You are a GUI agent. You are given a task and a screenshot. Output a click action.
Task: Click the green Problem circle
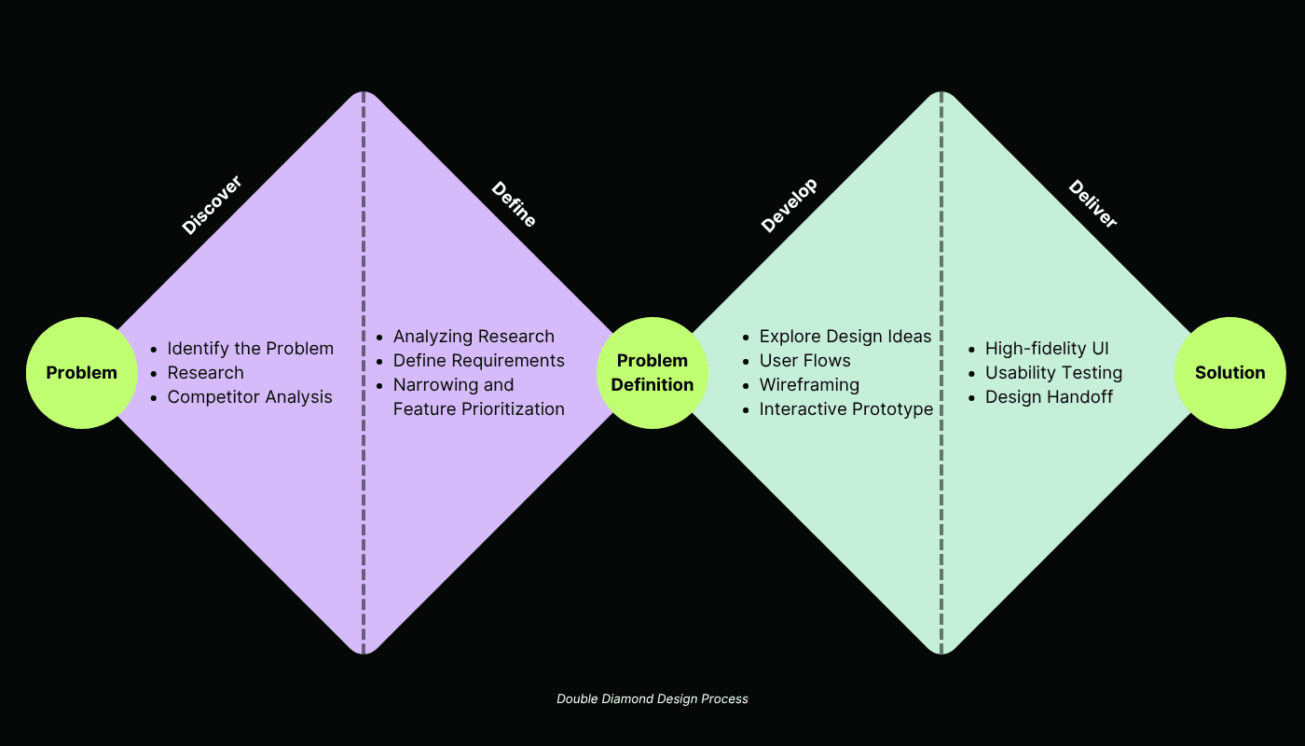(82, 373)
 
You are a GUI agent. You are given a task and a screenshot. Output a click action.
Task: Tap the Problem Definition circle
(652, 373)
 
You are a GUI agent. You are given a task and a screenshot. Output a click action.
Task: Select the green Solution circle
(1230, 373)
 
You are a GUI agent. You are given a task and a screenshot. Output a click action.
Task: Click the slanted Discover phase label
(212, 205)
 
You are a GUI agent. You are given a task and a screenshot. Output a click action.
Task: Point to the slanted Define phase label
(514, 204)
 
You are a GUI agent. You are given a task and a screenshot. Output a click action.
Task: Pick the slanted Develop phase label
(790, 205)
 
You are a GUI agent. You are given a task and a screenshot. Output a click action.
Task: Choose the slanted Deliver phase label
(1092, 204)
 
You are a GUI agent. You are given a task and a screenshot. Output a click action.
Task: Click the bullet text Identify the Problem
(250, 349)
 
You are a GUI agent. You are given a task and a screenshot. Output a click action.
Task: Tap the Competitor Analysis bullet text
(250, 397)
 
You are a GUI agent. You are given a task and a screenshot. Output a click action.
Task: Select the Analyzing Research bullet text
(474, 337)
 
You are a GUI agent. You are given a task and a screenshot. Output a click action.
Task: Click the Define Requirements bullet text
(479, 361)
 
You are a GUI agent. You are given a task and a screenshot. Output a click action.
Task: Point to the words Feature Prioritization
(479, 409)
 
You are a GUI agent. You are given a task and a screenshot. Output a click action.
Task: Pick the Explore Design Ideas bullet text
(845, 337)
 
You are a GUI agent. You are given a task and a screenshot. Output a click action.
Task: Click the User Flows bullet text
(805, 361)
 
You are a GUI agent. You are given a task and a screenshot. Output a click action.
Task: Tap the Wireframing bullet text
(809, 385)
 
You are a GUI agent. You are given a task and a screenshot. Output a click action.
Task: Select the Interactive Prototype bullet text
(846, 409)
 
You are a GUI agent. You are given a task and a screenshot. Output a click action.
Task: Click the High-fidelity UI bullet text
(1047, 349)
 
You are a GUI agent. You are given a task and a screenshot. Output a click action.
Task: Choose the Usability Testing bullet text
(1053, 373)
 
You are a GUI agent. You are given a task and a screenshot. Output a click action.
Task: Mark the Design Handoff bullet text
(1049, 397)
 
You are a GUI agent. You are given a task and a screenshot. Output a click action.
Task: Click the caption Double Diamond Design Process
(652, 698)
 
